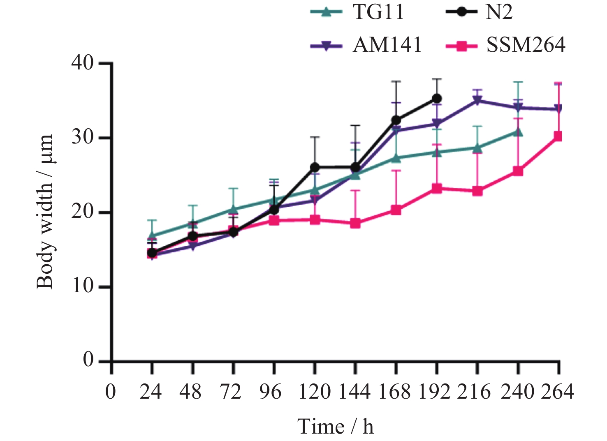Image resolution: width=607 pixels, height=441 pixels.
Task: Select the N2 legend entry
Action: [479, 12]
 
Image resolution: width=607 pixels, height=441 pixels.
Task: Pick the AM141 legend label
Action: [366, 45]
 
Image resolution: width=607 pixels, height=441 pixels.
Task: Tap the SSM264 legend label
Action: [505, 45]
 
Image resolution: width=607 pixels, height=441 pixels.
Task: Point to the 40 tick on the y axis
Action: [83, 63]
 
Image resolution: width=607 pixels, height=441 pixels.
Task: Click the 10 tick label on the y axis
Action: [83, 286]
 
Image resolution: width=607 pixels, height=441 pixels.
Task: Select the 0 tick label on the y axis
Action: [88, 360]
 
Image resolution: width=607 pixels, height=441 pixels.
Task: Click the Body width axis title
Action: [45, 212]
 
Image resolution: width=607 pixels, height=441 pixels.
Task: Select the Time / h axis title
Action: [335, 427]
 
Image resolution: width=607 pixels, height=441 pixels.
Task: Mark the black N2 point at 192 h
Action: [437, 99]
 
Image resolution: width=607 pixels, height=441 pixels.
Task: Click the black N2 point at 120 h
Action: [315, 167]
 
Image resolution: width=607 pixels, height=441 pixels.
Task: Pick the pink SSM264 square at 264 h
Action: [558, 136]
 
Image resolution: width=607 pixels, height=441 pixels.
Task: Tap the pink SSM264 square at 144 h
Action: [355, 224]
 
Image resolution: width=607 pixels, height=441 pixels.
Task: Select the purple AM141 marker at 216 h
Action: [477, 100]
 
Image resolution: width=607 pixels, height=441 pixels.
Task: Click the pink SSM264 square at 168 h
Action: [396, 210]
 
